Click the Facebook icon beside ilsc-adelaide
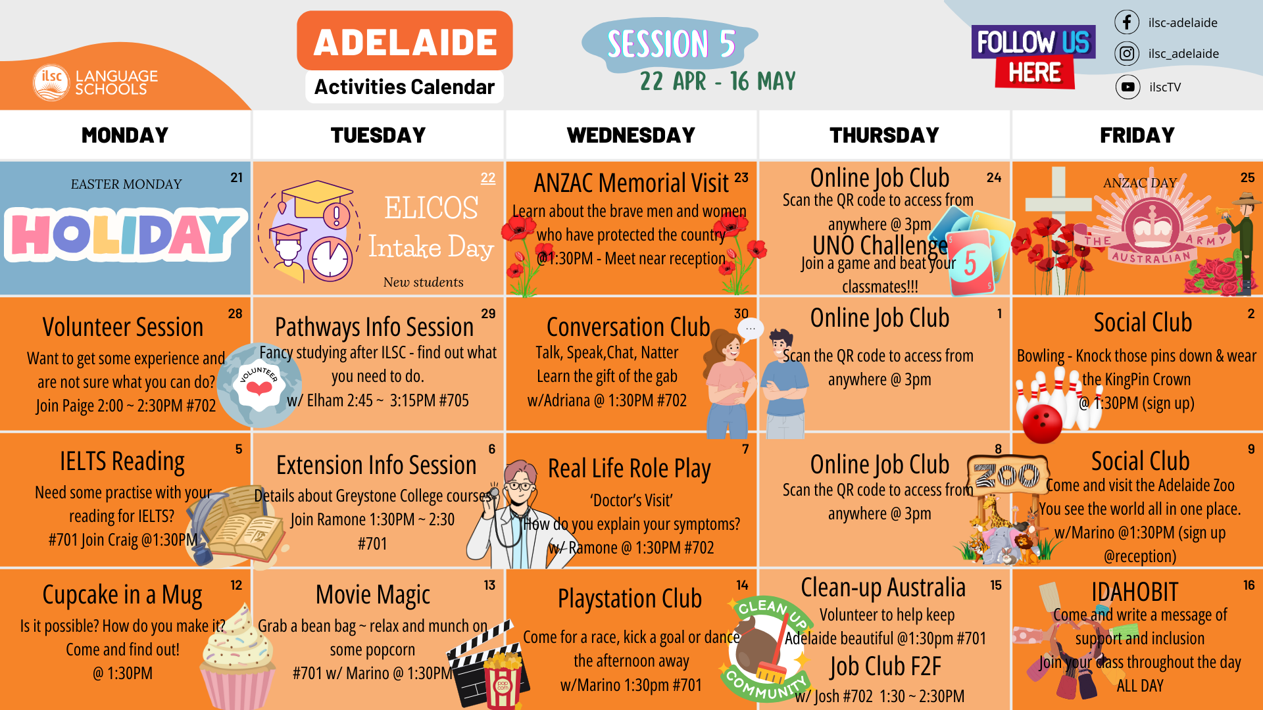pos(1127,22)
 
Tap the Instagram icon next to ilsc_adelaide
pos(1127,53)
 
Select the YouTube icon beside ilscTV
pos(1127,87)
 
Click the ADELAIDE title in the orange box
pos(405,43)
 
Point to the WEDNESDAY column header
pos(631,135)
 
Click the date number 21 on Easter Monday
pos(237,177)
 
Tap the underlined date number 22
pos(488,177)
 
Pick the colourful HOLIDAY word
pos(125,233)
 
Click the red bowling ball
pos(1043,423)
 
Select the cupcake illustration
pos(238,657)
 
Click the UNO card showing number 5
pos(971,262)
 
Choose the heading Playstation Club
pos(630,599)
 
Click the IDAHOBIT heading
pos(1135,592)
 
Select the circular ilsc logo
pos(51,83)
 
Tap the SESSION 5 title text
pos(671,44)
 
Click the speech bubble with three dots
pos(751,328)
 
